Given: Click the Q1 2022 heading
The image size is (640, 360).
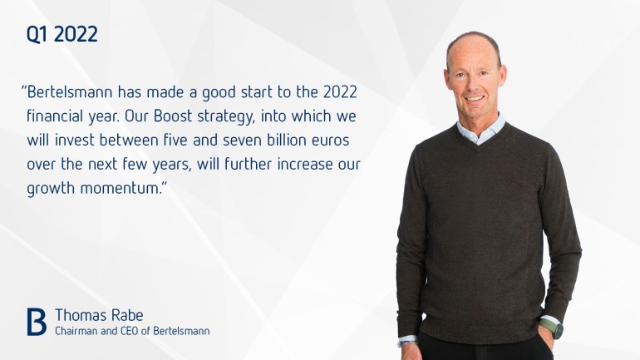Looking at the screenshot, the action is tap(62, 34).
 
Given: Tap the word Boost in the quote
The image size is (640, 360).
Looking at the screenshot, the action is tap(173, 116).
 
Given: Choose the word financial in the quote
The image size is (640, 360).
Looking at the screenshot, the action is tap(55, 116).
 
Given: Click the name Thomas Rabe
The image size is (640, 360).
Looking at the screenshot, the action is tap(99, 315).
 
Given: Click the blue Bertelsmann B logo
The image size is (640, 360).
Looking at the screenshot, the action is tap(37, 322).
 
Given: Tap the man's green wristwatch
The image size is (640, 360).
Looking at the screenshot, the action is tap(552, 328).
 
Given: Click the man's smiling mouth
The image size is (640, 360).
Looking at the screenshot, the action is tap(475, 98).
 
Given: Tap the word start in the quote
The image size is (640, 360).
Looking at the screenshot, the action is tap(257, 92).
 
